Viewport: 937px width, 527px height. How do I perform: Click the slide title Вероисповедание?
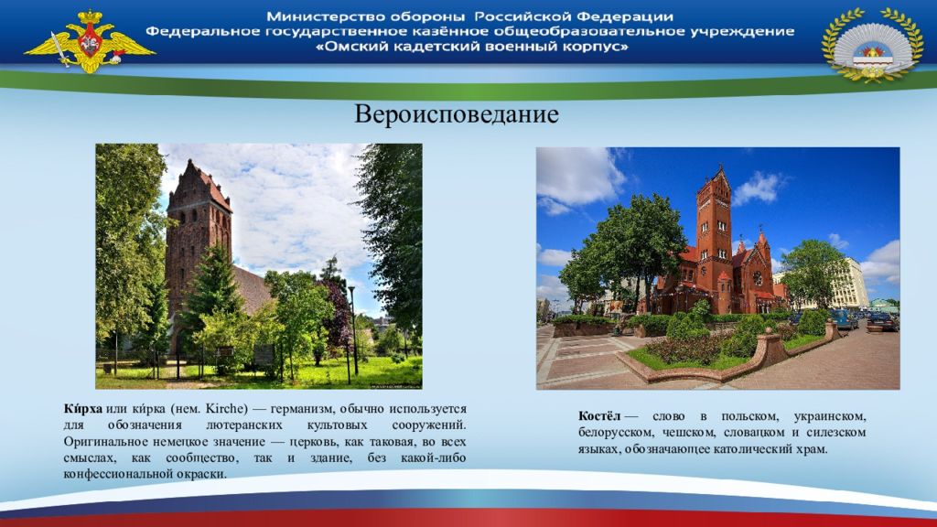[457, 114]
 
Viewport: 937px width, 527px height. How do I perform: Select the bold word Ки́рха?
[83, 409]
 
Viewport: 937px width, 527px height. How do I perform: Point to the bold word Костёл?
[599, 416]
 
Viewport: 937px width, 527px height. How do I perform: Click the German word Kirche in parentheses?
[226, 409]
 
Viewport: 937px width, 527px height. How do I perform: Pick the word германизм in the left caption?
[302, 409]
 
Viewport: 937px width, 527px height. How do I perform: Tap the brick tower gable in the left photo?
[199, 184]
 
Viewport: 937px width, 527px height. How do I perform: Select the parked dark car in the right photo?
[882, 323]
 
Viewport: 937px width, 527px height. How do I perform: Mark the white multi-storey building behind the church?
[847, 284]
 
